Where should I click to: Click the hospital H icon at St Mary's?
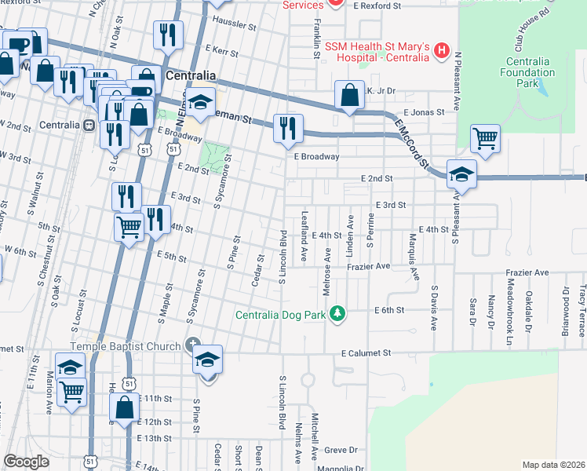click(441, 52)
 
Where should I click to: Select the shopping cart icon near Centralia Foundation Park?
click(486, 140)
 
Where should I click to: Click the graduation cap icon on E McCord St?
click(461, 174)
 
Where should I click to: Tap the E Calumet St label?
click(366, 354)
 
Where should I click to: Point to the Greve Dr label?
click(341, 451)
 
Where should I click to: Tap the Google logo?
click(27, 462)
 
